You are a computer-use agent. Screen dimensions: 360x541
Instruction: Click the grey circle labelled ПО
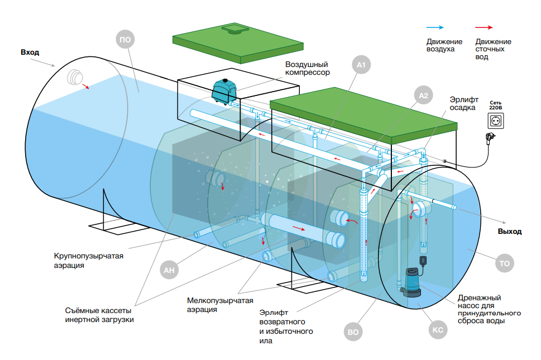(x=126, y=39)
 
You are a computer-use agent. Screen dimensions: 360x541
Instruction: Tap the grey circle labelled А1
(x=361, y=66)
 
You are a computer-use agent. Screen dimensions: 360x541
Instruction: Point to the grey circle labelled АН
(x=170, y=271)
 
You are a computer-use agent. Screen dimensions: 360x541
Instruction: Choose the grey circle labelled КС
(x=438, y=330)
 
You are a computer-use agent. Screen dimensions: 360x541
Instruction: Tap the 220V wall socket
(x=496, y=120)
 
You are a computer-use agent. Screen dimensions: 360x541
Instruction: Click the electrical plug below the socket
(x=490, y=137)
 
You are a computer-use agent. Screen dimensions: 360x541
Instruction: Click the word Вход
(x=30, y=52)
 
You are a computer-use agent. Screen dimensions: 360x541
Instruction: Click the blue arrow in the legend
(x=435, y=27)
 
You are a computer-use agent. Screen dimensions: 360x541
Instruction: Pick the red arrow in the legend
(x=484, y=27)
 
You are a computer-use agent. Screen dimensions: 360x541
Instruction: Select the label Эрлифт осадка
(x=464, y=103)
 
